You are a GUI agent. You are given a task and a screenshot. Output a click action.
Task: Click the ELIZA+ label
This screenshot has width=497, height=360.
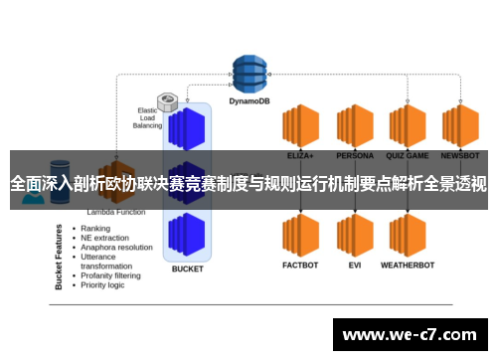pyautogui.click(x=299, y=155)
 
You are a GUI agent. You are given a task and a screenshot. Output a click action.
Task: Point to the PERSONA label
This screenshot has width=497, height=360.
pyautogui.click(x=354, y=155)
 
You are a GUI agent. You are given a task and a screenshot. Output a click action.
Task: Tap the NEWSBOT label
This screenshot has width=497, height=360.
pyautogui.click(x=461, y=155)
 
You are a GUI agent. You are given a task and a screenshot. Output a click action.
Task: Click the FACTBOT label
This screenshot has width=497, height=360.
pyautogui.click(x=299, y=266)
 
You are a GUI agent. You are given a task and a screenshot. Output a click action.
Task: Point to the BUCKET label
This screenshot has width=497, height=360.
pyautogui.click(x=187, y=269)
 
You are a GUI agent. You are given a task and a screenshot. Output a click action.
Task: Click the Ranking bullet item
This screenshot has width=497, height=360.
pyautogui.click(x=96, y=228)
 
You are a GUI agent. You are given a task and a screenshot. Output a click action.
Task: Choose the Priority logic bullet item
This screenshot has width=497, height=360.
pyautogui.click(x=103, y=285)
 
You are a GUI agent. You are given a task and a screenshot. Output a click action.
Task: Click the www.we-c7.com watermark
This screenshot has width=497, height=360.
pyautogui.click(x=410, y=335)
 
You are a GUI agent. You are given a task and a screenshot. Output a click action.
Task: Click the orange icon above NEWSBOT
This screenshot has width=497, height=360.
pyautogui.click(x=461, y=124)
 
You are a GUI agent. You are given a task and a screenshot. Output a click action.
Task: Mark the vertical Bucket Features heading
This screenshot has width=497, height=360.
pyautogui.click(x=61, y=257)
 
